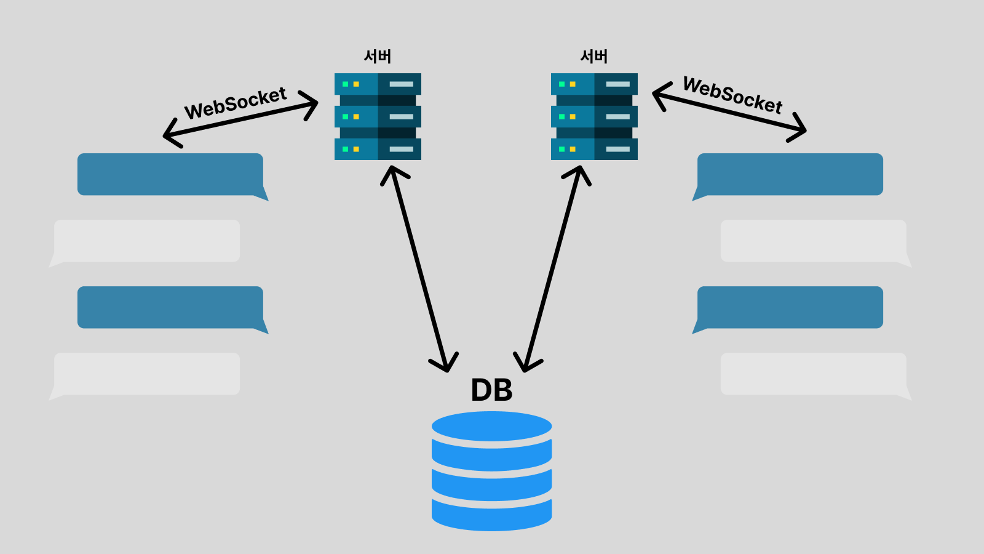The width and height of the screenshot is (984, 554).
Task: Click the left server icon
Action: coord(378,116)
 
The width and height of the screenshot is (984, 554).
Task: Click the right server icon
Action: coord(594,116)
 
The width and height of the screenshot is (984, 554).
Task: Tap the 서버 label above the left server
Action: coord(378,57)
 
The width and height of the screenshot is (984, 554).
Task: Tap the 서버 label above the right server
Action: coord(594,57)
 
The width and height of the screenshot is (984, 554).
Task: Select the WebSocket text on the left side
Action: coord(236,103)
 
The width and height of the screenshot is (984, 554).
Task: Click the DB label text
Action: coord(491,390)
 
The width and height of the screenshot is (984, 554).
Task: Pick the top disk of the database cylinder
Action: coord(491,426)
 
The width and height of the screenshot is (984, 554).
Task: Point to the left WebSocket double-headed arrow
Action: coord(240,120)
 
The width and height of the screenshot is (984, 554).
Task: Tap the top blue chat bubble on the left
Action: coord(170,174)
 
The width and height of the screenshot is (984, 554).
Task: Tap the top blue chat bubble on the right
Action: coord(790,174)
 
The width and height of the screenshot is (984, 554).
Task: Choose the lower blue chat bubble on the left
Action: coord(170,307)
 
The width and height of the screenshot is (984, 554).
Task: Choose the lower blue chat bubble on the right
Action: coord(790,307)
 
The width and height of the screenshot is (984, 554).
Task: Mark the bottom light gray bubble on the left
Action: coord(147,374)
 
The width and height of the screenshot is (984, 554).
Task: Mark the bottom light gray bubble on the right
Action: coord(813,374)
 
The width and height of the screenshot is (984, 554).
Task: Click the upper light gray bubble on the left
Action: coord(147,241)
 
